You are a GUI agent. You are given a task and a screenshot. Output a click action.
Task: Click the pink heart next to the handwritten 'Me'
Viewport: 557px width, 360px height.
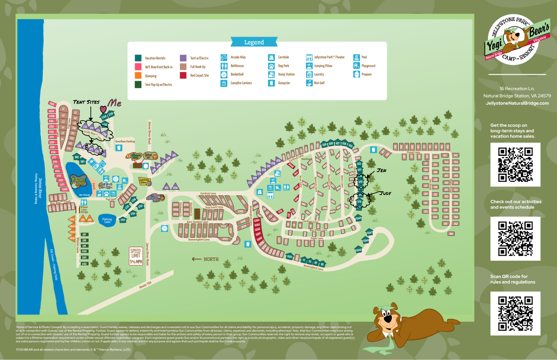click(103, 109)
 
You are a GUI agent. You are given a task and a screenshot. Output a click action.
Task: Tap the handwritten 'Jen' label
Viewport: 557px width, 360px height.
click(382, 171)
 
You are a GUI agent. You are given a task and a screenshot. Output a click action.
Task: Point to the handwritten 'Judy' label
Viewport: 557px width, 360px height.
click(385, 193)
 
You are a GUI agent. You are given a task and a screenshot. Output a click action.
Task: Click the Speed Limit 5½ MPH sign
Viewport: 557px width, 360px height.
click(136, 256)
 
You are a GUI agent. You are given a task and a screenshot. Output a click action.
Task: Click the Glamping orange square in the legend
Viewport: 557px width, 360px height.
click(138, 76)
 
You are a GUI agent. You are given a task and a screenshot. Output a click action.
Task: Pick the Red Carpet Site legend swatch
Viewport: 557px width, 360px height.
click(183, 75)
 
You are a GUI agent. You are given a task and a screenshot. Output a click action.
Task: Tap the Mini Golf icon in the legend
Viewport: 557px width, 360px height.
click(309, 83)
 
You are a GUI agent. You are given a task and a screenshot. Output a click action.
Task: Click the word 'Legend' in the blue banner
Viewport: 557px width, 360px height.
click(254, 42)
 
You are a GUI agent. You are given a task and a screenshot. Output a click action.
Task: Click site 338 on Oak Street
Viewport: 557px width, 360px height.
click(435, 217)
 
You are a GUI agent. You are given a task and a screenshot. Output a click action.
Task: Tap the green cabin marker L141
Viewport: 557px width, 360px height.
click(123, 220)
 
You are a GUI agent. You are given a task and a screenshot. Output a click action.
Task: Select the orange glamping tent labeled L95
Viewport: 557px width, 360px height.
click(89, 219)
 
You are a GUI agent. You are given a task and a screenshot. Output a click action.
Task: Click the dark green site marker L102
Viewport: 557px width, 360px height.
click(84, 264)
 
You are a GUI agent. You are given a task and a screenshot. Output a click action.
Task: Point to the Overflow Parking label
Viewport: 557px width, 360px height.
click(125, 142)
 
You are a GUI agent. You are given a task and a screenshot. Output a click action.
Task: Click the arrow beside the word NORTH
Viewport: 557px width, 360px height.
click(197, 259)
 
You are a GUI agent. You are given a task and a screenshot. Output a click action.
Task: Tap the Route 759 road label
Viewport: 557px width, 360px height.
click(145, 285)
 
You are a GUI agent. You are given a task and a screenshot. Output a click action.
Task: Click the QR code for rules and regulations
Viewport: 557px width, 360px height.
click(515, 313)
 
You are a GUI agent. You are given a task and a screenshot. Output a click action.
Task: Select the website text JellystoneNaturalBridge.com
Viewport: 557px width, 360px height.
click(517, 103)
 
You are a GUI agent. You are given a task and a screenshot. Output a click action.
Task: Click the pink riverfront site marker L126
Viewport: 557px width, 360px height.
click(52, 104)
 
